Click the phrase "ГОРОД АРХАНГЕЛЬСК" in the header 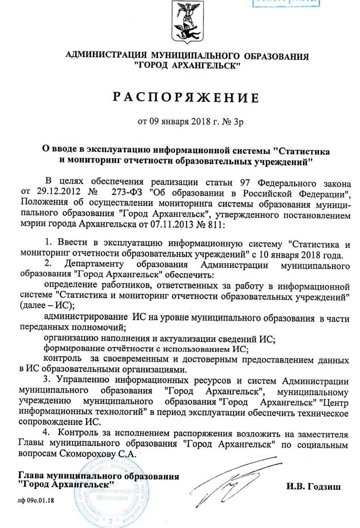(187, 65)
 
